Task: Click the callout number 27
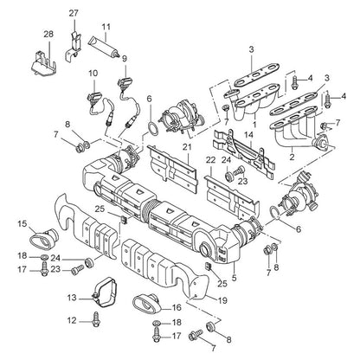(x=74, y=14)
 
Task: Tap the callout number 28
(x=48, y=34)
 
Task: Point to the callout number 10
(x=93, y=74)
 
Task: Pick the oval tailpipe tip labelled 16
(x=146, y=303)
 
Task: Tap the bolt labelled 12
(x=95, y=319)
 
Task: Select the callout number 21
(x=187, y=147)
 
